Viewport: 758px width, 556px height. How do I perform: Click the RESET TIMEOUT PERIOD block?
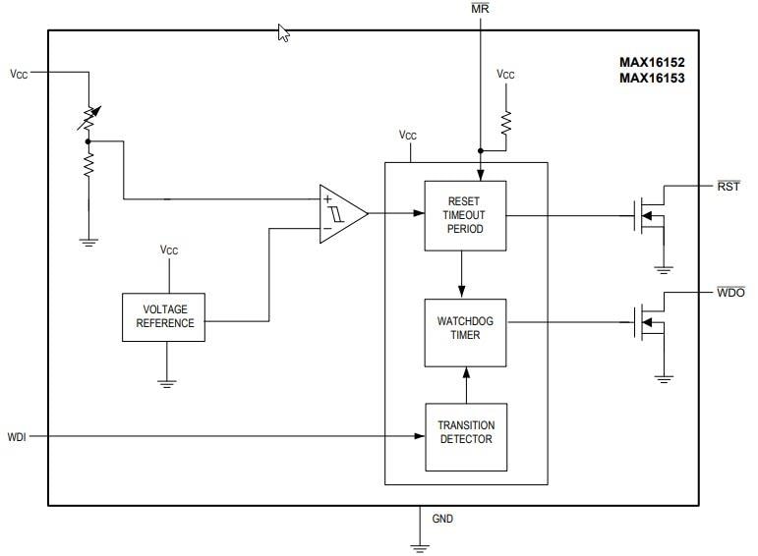point(464,214)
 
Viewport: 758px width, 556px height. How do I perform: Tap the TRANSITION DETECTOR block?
point(466,432)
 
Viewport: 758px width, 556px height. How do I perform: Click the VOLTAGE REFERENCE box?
point(164,316)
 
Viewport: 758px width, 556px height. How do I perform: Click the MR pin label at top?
point(480,9)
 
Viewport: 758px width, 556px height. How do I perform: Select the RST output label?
point(729,186)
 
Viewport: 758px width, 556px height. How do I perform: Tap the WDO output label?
point(729,293)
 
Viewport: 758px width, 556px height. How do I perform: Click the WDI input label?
point(17,436)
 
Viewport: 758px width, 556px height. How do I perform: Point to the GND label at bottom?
point(442,519)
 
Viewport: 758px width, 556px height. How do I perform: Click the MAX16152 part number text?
point(651,62)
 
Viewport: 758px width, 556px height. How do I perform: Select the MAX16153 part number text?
point(651,79)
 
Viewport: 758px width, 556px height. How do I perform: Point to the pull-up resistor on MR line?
point(506,122)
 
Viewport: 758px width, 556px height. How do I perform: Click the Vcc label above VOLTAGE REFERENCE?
point(169,250)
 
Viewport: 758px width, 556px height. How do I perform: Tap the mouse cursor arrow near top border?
point(284,33)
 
